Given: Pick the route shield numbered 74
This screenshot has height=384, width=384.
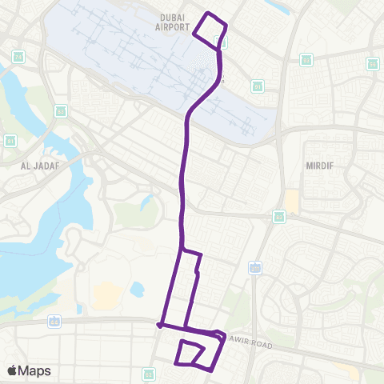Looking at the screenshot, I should (x=18, y=56).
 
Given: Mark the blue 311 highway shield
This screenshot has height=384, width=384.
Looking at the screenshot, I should (x=254, y=267).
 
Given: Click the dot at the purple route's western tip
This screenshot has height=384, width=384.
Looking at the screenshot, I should (x=160, y=326).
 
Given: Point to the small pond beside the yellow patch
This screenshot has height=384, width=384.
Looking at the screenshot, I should (x=137, y=287).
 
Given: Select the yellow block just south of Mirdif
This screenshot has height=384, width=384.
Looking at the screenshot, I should (x=291, y=202).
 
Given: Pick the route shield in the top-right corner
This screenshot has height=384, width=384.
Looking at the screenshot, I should (x=372, y=63).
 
